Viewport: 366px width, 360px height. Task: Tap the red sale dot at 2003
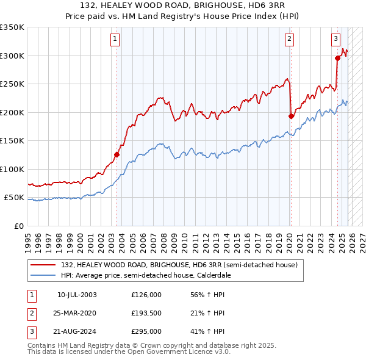pos(117,154)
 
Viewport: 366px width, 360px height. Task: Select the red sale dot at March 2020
pos(291,116)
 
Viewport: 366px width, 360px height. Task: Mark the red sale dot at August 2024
pos(337,59)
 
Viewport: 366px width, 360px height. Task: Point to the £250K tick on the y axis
pos(12,84)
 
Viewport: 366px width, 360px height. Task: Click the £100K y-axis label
pos(12,170)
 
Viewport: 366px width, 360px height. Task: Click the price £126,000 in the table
pos(146,295)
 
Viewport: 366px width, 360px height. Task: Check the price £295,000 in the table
pos(146,331)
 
